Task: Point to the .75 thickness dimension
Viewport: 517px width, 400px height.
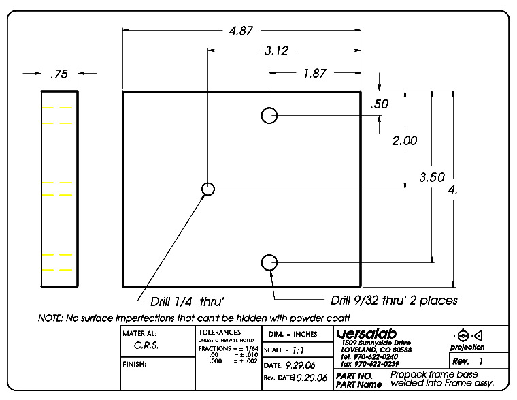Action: click(x=59, y=75)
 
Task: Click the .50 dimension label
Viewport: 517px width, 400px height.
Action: click(x=378, y=104)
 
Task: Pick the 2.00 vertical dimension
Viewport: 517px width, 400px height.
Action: click(x=405, y=141)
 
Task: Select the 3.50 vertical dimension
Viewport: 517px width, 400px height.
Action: click(x=432, y=177)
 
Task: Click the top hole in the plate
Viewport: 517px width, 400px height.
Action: click(x=269, y=115)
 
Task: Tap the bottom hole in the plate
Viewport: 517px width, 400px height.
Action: click(x=269, y=262)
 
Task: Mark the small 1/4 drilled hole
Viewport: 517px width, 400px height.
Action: click(x=208, y=189)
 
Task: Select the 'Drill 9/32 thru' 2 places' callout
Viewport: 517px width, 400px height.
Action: click(x=394, y=300)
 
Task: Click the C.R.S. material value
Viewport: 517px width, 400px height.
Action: click(x=146, y=345)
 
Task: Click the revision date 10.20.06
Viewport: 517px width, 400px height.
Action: click(x=310, y=377)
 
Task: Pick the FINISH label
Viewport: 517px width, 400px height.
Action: click(x=135, y=364)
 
